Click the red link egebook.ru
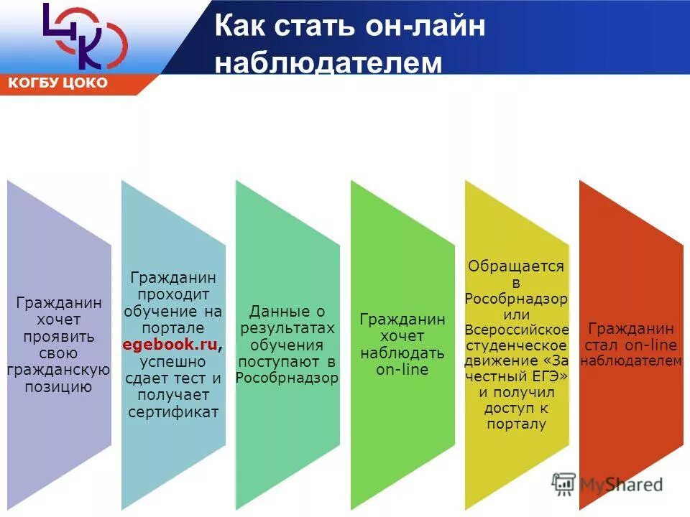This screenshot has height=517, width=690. [170, 345]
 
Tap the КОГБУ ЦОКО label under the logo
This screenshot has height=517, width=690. [58, 83]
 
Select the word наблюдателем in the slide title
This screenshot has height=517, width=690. [328, 62]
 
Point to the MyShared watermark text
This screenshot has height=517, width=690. [621, 485]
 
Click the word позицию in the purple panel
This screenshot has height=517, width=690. [60, 388]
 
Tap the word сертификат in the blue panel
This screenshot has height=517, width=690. [173, 411]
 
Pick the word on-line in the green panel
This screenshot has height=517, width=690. [402, 370]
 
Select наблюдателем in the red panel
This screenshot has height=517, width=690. [630, 361]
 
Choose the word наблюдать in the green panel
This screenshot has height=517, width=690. [402, 353]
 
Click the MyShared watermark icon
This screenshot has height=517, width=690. [563, 484]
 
